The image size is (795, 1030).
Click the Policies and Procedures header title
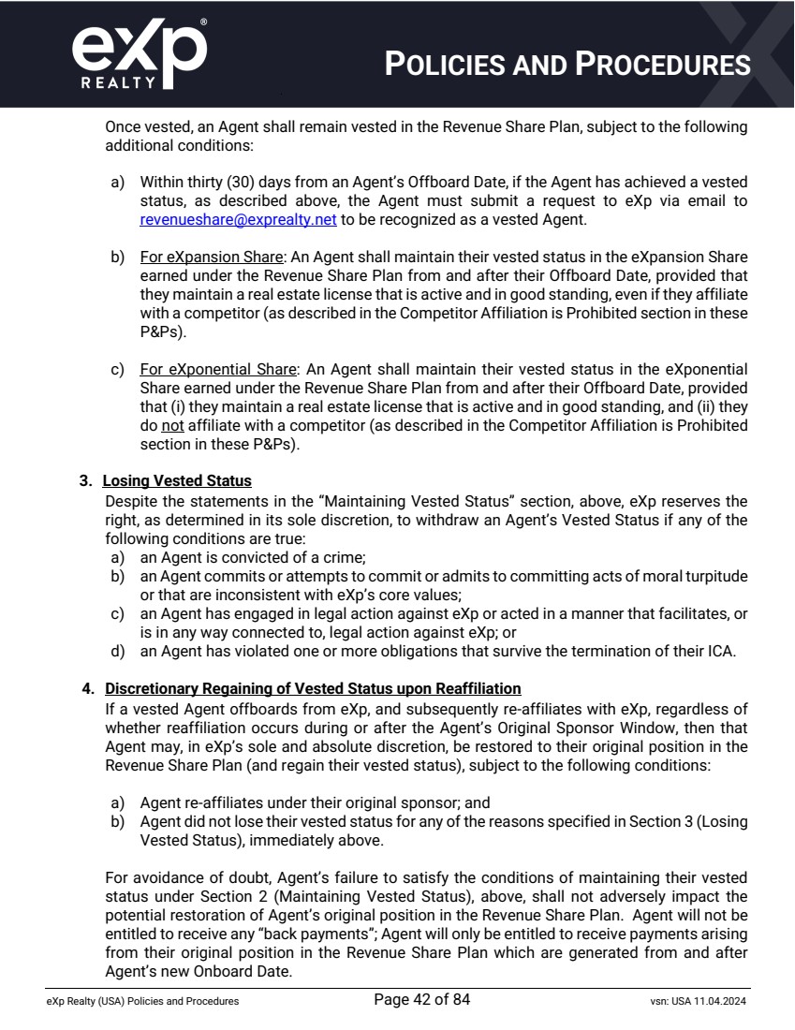(x=567, y=64)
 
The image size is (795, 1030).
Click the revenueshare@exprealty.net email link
(x=238, y=220)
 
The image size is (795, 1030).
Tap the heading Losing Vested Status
(x=177, y=480)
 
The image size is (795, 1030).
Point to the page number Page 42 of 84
(x=421, y=1000)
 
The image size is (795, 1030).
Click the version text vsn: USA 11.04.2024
(x=691, y=1001)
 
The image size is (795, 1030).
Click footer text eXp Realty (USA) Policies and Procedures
(x=142, y=1001)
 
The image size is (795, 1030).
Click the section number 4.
(x=88, y=688)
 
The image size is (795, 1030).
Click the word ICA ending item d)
(x=723, y=653)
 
